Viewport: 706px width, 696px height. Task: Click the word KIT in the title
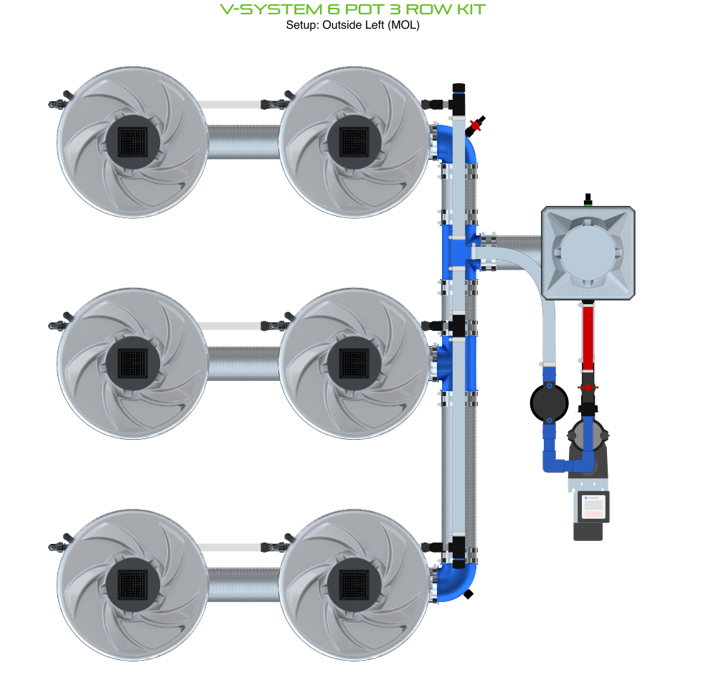coord(465,9)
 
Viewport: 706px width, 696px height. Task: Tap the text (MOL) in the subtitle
coord(403,25)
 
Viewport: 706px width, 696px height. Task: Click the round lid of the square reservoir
coord(588,253)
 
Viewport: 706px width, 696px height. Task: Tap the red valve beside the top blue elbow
coord(474,126)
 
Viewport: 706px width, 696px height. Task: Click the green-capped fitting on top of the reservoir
coord(588,200)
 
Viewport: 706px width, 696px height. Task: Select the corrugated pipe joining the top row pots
coord(242,142)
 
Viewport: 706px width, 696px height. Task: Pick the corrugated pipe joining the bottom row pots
coord(242,585)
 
